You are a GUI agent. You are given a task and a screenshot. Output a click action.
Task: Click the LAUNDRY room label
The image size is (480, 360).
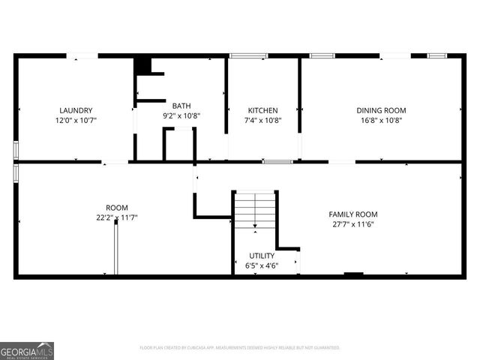coord(75,110)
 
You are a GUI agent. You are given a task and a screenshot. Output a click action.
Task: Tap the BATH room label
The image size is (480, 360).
coord(181,106)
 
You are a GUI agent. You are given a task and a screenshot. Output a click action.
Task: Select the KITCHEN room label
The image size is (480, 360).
coord(262,110)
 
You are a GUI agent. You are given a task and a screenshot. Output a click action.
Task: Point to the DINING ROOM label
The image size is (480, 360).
coord(380,110)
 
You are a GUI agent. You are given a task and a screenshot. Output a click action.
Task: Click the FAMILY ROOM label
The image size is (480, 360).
coord(354,214)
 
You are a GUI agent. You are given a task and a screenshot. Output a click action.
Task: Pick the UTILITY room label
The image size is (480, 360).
coord(262,256)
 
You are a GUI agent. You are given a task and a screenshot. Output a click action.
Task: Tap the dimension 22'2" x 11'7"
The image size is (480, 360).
coord(117,217)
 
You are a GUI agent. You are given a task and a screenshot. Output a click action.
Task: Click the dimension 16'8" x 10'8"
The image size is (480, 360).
coord(380,120)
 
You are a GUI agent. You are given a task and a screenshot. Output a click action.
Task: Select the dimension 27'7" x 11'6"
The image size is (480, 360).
coord(354,223)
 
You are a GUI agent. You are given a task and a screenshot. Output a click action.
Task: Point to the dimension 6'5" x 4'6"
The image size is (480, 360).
coord(262,265)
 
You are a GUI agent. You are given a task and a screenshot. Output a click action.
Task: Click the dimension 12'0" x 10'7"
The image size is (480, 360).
coord(75,120)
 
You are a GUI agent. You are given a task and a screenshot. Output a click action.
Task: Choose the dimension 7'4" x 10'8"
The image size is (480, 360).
coord(262,120)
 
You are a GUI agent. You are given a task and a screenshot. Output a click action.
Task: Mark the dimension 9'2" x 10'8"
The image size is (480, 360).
coord(181,116)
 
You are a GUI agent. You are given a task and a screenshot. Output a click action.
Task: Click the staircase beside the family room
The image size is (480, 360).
coord(256,209)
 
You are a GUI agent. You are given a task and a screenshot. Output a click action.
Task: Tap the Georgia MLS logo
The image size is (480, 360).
coord(27,350)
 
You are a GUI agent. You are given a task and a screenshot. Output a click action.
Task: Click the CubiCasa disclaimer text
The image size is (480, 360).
coord(240,348)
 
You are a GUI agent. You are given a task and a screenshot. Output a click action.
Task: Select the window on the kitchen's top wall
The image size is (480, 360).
coord(248,55)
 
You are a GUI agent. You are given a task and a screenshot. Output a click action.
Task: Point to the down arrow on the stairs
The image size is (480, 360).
coord(256,224)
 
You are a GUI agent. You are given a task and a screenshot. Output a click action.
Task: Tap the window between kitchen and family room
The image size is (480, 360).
coord(277,161)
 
